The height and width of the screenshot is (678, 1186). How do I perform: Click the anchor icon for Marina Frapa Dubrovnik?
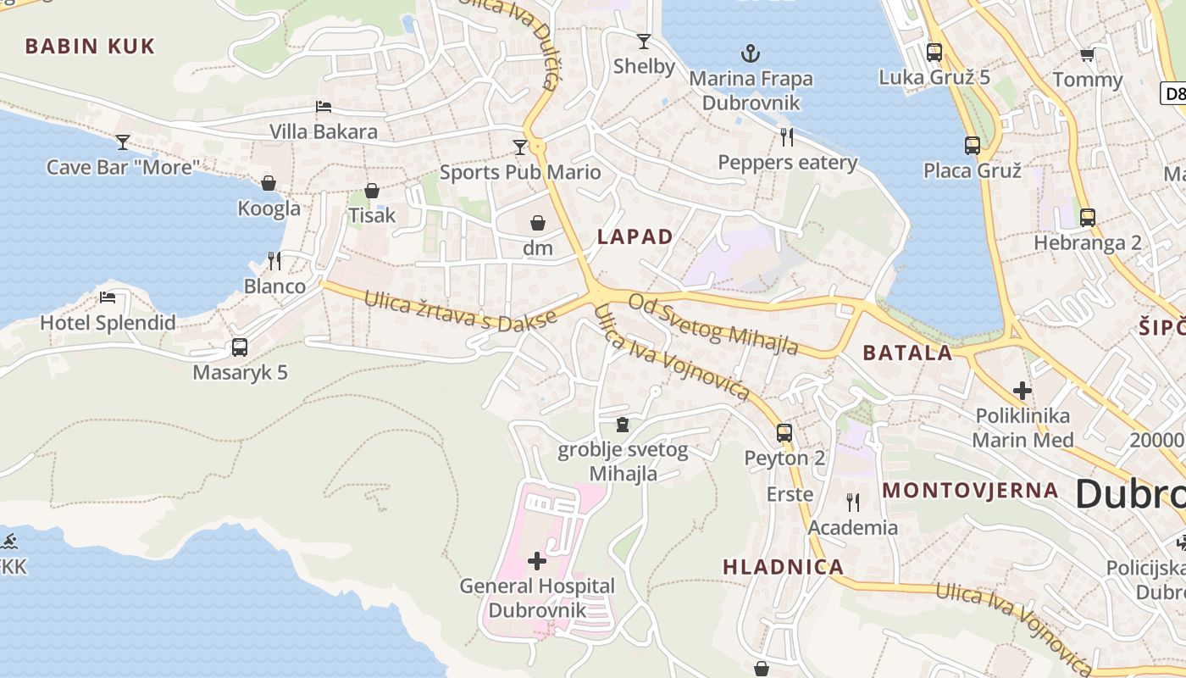coord(750,54)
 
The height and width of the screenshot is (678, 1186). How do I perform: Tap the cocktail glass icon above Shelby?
coord(644,42)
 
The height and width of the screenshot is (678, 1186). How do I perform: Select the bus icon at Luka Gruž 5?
coord(934,53)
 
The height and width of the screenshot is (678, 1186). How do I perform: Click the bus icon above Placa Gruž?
coord(972,146)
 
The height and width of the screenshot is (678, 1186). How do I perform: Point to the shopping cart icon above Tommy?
coord(1087,56)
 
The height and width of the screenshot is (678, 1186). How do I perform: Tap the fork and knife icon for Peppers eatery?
coord(787,137)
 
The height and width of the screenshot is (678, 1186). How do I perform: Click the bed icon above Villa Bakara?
coord(323,107)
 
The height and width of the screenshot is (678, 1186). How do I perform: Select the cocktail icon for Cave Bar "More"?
coord(123,142)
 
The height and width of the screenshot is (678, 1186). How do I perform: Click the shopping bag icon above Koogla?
coord(269,183)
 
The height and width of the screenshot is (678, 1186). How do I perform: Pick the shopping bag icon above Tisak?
coord(371,191)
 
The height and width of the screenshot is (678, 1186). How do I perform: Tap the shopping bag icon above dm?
coord(537,223)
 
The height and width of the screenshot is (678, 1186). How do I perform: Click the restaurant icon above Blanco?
coord(274,261)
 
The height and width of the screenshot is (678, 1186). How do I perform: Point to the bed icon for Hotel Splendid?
coord(108,297)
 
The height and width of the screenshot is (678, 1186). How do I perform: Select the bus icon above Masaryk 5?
coord(240,347)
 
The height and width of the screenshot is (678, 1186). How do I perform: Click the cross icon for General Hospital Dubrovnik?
coord(536,560)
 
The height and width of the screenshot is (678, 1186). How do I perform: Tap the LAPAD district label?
coord(635,237)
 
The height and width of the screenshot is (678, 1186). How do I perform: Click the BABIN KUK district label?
coord(90,47)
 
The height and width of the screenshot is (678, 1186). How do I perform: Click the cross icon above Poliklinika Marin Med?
coord(1023,391)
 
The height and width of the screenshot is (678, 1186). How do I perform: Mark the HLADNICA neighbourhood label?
coord(783,567)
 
